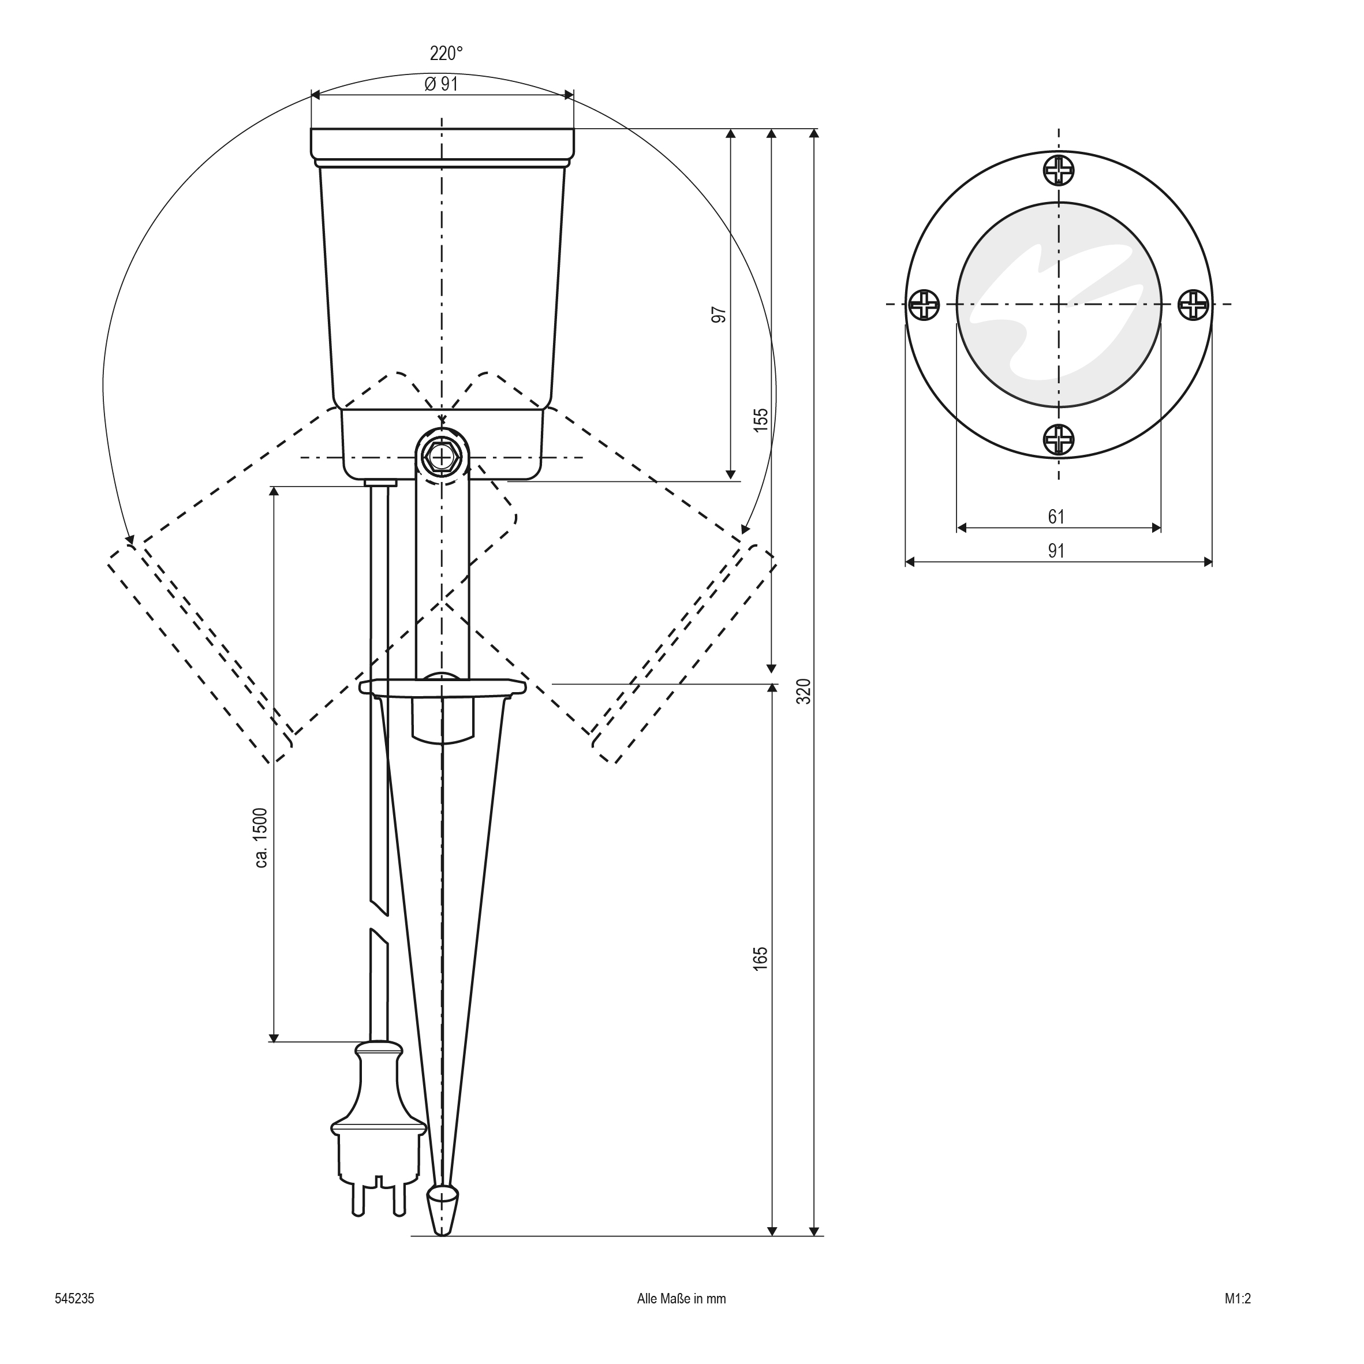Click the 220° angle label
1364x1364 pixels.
[446, 54]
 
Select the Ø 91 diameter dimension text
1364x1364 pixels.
[441, 84]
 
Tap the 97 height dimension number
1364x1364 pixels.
[719, 315]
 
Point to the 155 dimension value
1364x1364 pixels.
[760, 420]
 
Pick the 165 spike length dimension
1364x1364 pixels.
[760, 959]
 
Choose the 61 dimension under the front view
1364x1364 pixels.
[1056, 517]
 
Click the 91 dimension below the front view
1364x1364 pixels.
[1056, 551]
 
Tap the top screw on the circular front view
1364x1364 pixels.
[1058, 170]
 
